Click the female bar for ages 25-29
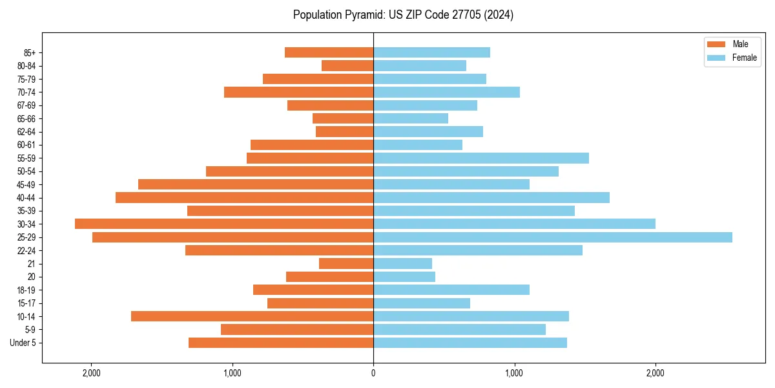click(553, 237)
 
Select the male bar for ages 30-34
click(224, 224)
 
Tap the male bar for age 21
click(346, 264)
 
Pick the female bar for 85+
click(431, 52)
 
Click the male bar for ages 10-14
click(252, 316)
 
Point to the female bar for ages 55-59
click(481, 158)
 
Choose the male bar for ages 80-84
click(347, 66)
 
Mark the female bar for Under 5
click(470, 343)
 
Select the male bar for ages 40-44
click(244, 197)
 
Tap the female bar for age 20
click(404, 277)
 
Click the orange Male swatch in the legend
click(716, 44)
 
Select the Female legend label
click(744, 58)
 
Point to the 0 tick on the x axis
click(373, 373)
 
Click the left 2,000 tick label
click(91, 373)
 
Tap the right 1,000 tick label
click(514, 373)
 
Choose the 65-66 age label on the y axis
click(27, 119)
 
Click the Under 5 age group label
click(23, 343)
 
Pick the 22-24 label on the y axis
click(27, 251)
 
